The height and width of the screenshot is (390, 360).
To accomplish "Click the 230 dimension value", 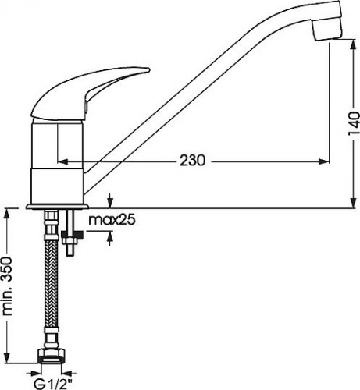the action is pyautogui.click(x=193, y=161).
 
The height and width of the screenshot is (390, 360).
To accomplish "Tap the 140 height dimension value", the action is pyautogui.click(x=354, y=123).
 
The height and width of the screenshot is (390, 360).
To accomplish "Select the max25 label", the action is pyautogui.click(x=112, y=220).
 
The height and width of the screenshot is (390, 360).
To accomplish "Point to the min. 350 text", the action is pyautogui.click(x=7, y=286).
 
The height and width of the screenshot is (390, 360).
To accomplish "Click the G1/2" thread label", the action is pyautogui.click(x=53, y=384).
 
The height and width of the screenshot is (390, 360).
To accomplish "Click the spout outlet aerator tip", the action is pyautogui.click(x=327, y=29).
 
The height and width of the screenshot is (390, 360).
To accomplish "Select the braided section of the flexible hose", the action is pyautogui.click(x=52, y=283).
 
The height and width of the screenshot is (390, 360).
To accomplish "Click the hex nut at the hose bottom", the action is pyautogui.click(x=52, y=355).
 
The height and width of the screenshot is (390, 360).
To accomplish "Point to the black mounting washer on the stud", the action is pyautogui.click(x=72, y=235).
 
